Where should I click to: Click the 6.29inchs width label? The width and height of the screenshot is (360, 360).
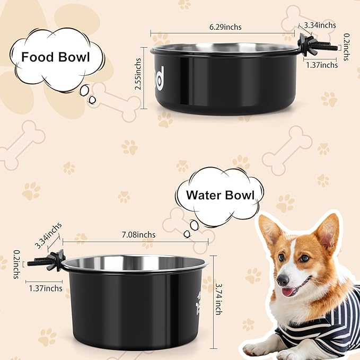(x=225, y=27)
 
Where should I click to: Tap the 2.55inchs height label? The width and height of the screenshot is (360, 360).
(x=138, y=74)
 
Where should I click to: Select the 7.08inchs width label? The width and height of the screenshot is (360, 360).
(x=138, y=235)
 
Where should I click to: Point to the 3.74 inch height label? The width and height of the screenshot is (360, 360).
(x=218, y=299)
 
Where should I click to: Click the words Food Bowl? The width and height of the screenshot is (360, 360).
(x=55, y=57)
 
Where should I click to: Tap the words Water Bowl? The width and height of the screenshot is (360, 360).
(x=221, y=195)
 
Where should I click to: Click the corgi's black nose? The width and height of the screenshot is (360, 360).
(x=283, y=279)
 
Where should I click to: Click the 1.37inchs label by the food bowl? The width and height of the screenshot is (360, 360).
(x=322, y=65)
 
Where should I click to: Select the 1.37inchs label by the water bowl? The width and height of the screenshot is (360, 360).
(x=46, y=288)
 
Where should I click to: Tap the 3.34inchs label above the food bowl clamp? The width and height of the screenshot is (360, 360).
(x=320, y=25)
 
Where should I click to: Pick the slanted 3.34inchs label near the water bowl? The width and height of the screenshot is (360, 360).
(x=48, y=236)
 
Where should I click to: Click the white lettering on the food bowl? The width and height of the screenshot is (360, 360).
(x=160, y=80)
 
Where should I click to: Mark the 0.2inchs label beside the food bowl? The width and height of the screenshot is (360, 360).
(x=346, y=47)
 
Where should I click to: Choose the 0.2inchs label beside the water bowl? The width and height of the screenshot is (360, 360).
(x=16, y=265)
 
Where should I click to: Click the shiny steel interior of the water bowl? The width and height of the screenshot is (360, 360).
(x=135, y=262)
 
